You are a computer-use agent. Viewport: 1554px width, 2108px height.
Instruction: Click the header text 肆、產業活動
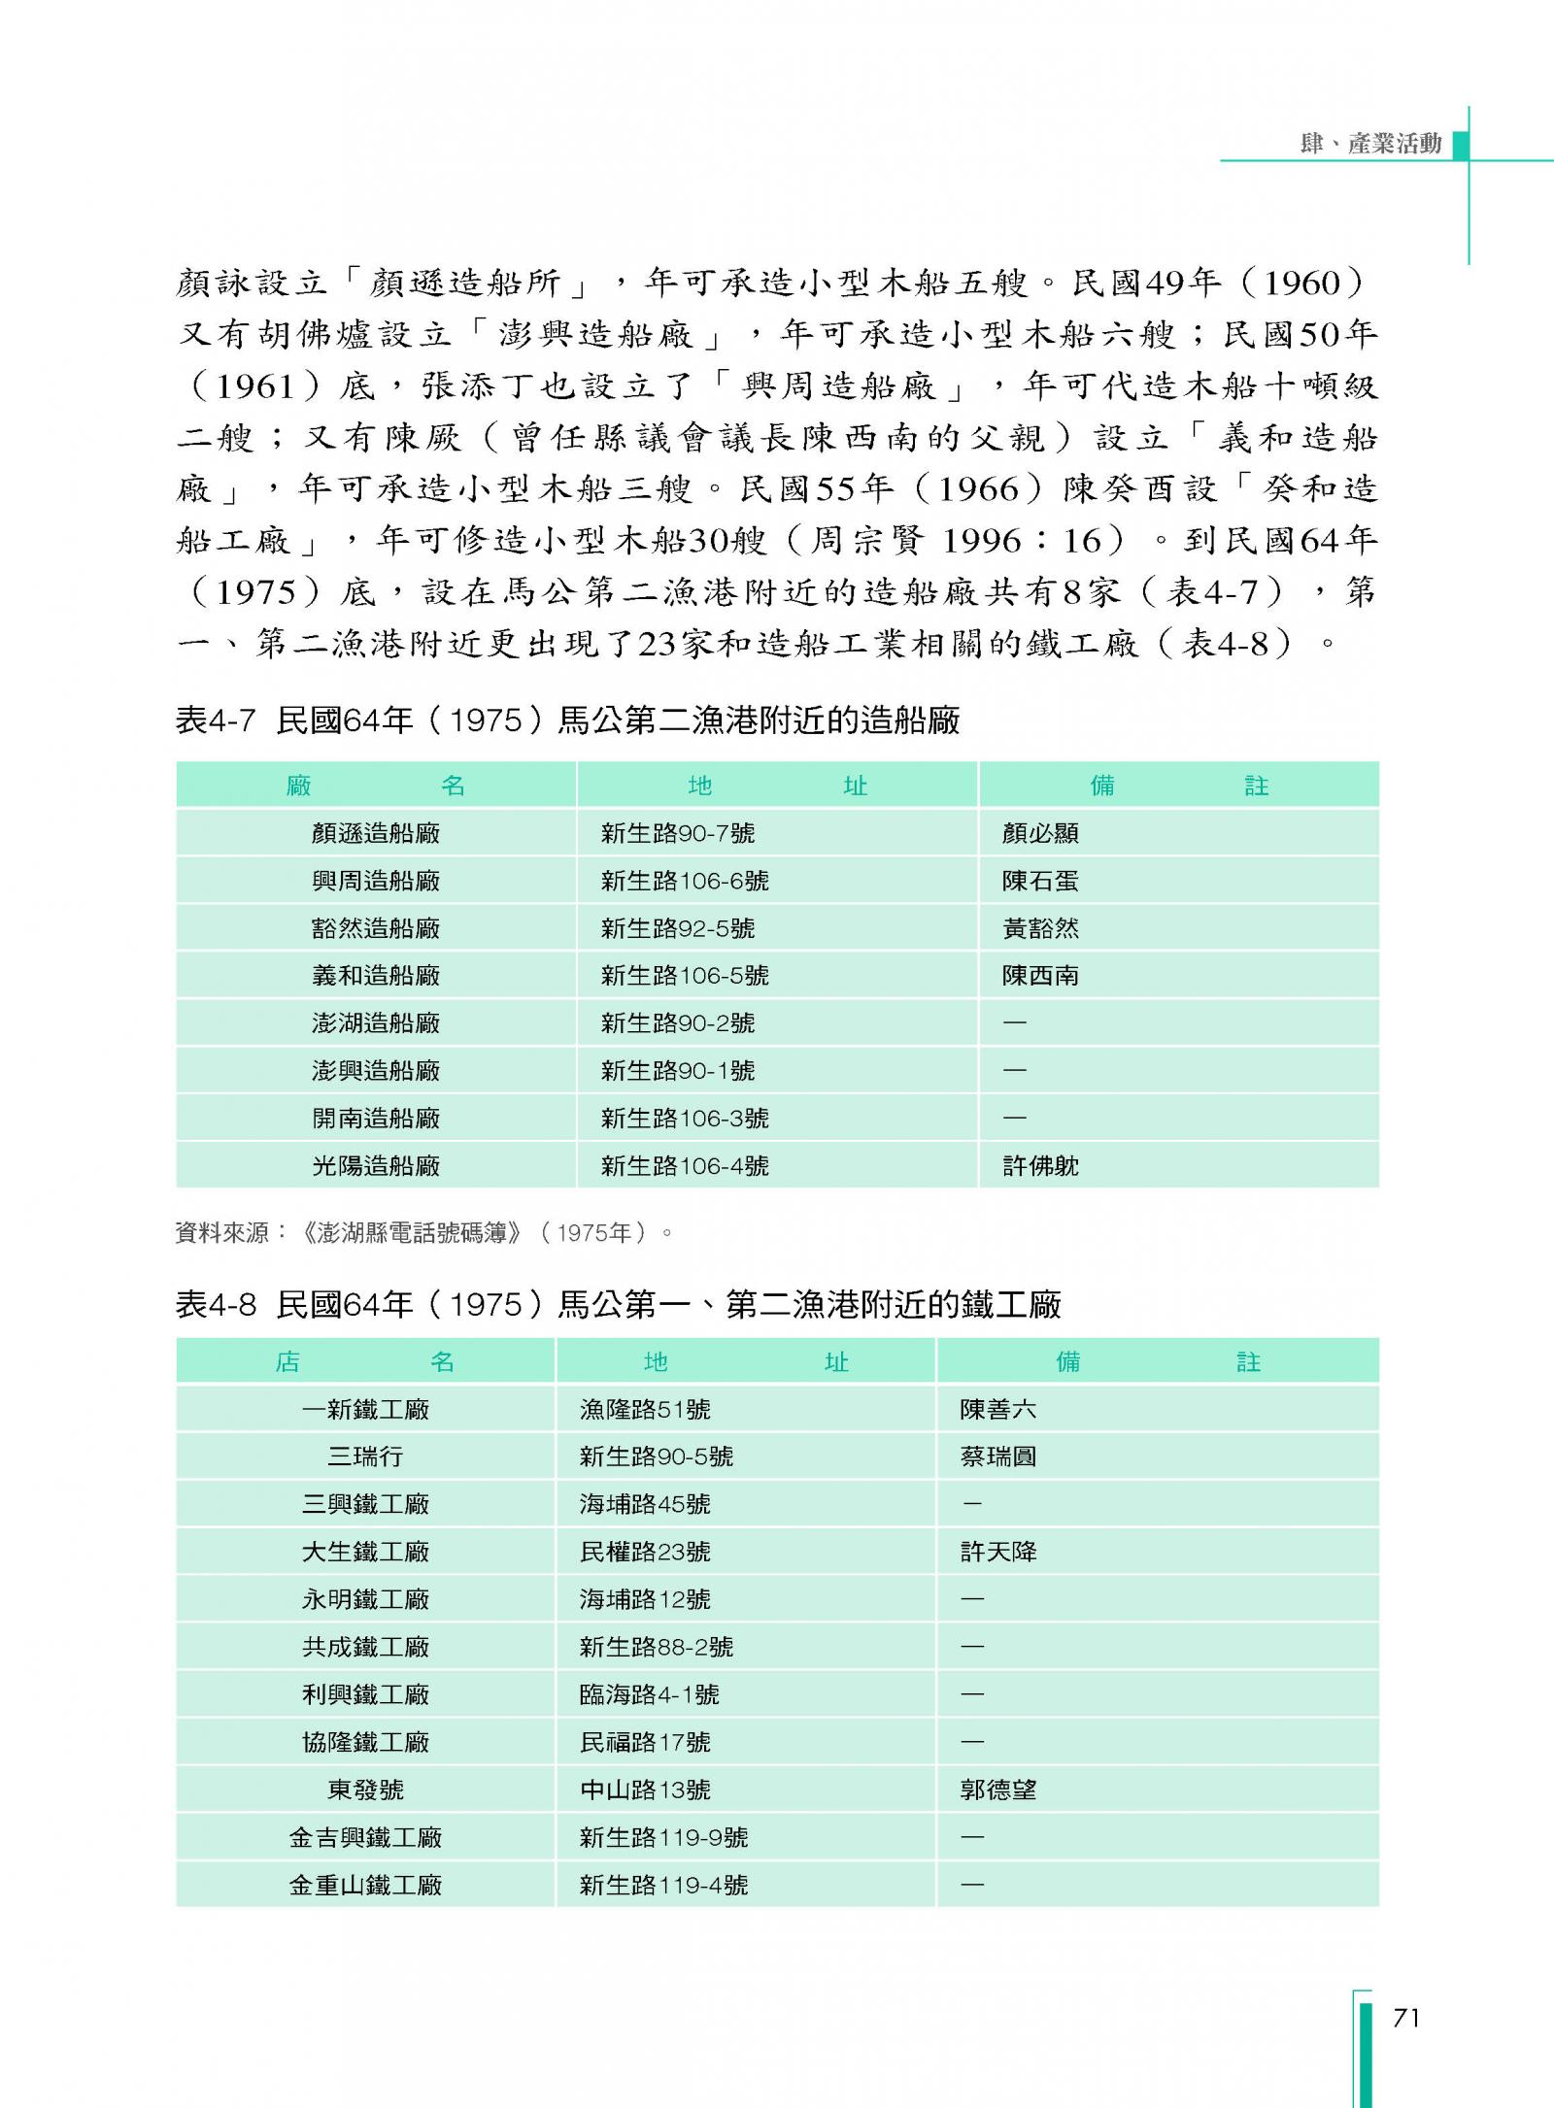pos(1370,144)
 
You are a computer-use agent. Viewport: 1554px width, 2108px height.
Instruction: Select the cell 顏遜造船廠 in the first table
pos(376,833)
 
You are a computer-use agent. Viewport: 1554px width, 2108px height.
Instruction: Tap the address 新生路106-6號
pos(685,881)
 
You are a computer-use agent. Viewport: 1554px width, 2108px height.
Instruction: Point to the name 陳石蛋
pos(1040,881)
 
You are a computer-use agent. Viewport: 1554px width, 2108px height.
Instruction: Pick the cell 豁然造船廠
pos(376,928)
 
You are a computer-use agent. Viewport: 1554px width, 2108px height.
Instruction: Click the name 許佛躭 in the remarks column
pos(1040,1165)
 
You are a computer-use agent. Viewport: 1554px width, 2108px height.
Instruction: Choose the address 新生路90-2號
pos(678,1022)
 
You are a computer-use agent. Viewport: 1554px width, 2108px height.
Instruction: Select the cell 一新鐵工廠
pos(365,1409)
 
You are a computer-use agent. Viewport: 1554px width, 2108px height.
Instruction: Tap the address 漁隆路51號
pos(645,1409)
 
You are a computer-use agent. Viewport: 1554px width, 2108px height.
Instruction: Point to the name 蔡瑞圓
pos(998,1456)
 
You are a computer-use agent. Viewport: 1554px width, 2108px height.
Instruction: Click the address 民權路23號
pos(645,1552)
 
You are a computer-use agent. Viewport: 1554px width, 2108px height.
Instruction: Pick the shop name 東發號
pos(365,1790)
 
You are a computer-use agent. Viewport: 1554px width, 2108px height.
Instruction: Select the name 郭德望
pos(998,1790)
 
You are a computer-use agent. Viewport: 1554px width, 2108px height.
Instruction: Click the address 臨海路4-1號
pos(650,1694)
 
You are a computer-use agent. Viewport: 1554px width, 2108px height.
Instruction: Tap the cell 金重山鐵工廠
pos(365,1885)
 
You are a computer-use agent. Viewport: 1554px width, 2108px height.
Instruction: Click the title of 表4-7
pos(568,720)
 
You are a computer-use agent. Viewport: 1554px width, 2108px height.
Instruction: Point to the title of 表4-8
pos(619,1304)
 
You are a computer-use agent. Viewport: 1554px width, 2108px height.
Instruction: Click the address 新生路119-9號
pos(664,1837)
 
